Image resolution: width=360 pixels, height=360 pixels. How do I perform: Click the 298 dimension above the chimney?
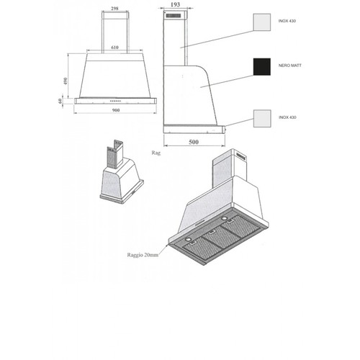click(114, 9)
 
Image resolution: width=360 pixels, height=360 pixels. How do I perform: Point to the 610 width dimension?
click(114, 48)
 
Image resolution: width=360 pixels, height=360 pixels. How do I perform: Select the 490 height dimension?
click(66, 81)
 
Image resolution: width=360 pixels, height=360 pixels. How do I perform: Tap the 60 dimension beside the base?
click(60, 101)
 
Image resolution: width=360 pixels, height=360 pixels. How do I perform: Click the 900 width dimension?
click(116, 110)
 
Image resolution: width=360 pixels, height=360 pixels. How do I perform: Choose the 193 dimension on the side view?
click(175, 4)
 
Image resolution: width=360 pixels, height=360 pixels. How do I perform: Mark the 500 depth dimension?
click(194, 142)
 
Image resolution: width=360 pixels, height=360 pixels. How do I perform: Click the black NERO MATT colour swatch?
click(262, 67)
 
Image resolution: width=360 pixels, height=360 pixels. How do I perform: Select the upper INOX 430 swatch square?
click(262, 22)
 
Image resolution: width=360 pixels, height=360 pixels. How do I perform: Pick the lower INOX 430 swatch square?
click(262, 119)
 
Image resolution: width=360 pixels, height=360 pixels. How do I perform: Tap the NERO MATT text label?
click(290, 66)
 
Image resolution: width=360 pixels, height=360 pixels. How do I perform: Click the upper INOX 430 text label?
click(287, 21)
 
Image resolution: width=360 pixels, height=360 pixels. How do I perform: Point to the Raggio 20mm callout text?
click(143, 255)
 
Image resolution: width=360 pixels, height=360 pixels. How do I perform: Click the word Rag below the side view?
click(156, 153)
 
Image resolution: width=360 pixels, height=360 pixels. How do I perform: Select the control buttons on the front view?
click(115, 101)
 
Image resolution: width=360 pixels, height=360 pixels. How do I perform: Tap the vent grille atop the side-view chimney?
click(173, 16)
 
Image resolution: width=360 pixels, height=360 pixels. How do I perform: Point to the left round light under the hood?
click(189, 240)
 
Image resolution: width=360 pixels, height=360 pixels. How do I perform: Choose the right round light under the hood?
click(225, 218)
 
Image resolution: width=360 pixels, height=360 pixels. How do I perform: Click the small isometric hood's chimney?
click(115, 154)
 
